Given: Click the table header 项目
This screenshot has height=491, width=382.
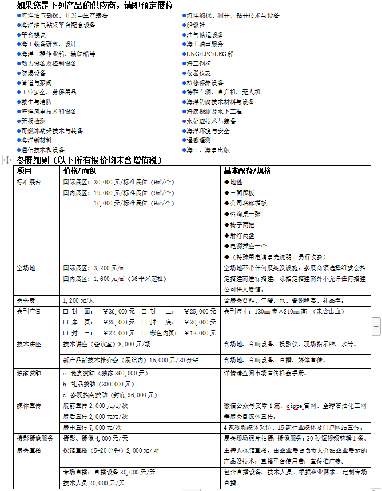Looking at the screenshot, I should click(x=25, y=171).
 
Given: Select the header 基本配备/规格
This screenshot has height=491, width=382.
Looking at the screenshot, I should click(x=247, y=171).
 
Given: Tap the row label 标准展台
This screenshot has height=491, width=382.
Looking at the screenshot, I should click(x=29, y=182).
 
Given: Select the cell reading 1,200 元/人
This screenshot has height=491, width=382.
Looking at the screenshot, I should click(x=78, y=300).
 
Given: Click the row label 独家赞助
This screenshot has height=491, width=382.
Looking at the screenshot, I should click(x=29, y=373).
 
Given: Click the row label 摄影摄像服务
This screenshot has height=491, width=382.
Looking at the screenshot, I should click(x=35, y=438).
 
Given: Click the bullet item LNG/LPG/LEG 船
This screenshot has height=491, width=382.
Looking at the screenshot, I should click(x=209, y=53).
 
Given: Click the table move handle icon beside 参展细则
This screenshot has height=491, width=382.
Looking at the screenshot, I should click(x=7, y=161).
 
